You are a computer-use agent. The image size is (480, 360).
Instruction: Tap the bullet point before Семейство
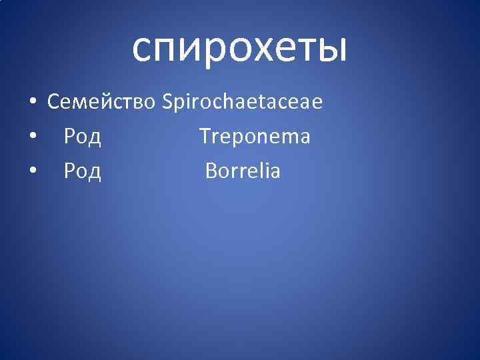coord(32,103)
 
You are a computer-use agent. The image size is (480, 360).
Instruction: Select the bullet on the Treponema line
coord(32,137)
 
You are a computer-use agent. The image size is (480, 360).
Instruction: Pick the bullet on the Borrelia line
coord(32,172)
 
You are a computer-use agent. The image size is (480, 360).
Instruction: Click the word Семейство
coord(102,102)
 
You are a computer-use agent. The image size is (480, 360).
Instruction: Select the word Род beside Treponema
coord(82,137)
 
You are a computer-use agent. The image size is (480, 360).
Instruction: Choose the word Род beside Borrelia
coord(82,171)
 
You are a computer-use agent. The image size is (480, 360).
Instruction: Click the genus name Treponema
coord(255,137)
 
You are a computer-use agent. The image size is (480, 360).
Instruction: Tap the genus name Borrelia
coord(243,171)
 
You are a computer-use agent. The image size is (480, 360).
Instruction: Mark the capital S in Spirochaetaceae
coord(167,102)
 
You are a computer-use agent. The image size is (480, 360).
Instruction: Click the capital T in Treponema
coord(205,137)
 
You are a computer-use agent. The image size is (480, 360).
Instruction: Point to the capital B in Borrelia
coord(211,171)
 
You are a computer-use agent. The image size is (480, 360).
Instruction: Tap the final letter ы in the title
coord(330,49)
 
